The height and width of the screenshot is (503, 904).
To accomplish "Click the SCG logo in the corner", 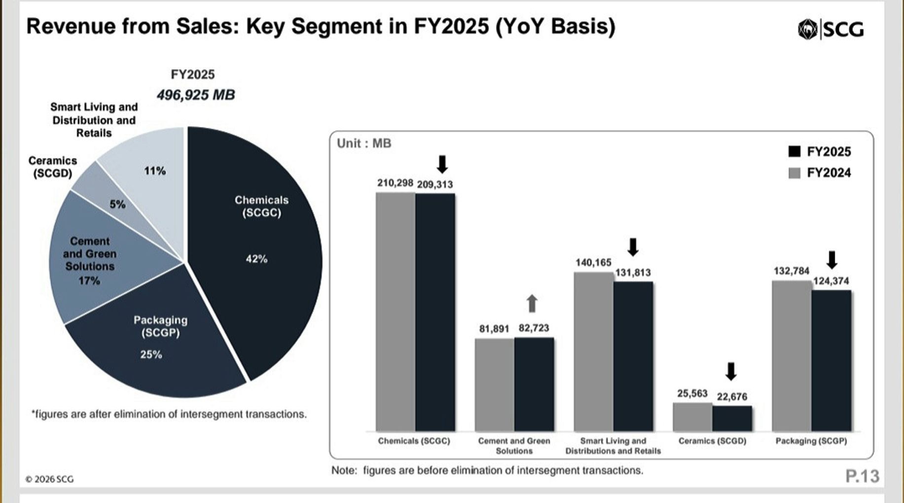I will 831,30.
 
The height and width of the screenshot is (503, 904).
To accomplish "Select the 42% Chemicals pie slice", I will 256,247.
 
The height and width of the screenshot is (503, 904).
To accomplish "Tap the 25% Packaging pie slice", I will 158,355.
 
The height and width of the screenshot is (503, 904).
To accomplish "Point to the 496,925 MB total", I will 196,95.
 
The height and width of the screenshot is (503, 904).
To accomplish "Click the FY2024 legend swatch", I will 794,173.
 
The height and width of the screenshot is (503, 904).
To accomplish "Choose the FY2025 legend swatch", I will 794,151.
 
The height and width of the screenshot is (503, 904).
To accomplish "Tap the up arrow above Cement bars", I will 532,304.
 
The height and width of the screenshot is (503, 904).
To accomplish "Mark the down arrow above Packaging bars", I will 832,260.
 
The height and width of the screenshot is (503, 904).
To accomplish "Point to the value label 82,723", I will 534,328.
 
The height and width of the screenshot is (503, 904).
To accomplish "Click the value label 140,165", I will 593,263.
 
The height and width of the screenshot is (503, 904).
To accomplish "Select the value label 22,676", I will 732,397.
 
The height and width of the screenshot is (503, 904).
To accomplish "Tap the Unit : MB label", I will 364,144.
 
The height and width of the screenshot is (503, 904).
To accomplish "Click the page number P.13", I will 862,476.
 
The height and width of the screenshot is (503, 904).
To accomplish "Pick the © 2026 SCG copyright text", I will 49,479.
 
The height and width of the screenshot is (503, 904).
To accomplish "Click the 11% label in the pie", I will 155,171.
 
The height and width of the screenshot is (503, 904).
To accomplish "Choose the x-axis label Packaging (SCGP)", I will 811,441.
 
